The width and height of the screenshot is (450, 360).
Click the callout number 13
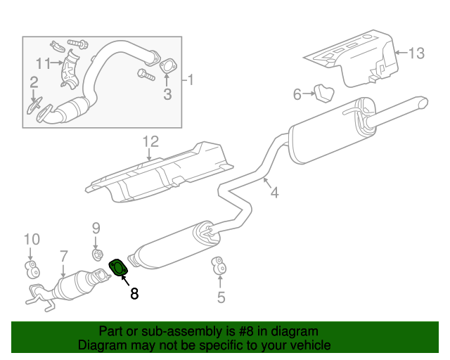416,53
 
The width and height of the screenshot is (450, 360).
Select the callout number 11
44,63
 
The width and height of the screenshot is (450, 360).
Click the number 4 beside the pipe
274,191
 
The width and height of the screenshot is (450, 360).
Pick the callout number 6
297,94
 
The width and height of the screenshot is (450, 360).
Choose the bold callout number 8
134,294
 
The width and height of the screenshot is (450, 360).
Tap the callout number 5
221,297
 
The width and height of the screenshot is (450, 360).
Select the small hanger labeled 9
97,253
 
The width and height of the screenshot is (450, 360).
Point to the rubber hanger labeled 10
31,267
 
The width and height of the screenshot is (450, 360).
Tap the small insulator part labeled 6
322,92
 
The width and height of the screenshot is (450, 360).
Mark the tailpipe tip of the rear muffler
422,102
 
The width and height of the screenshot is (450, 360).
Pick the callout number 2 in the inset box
33,84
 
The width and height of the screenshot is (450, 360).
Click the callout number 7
63,257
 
